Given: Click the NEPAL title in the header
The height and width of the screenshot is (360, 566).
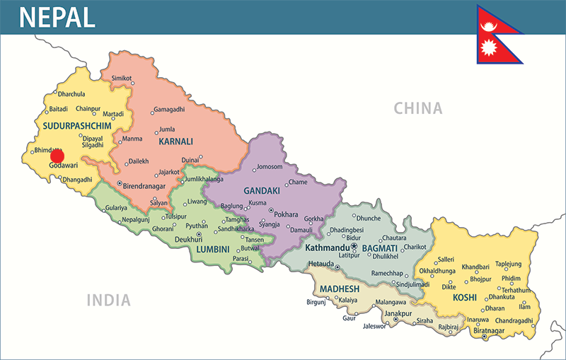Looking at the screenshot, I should click(57, 17).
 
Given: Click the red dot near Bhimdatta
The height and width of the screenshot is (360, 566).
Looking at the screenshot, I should click(57, 156).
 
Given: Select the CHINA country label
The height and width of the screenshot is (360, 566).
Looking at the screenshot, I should click(418, 108).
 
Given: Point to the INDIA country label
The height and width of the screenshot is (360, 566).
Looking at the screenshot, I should click(108, 300).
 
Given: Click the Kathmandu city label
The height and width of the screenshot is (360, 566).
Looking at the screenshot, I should click(328, 248).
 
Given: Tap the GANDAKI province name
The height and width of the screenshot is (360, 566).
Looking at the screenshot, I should click(262, 191).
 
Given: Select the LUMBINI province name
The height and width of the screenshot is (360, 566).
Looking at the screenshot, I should click(213, 250).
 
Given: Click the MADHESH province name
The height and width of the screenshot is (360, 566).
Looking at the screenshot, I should click(339, 289).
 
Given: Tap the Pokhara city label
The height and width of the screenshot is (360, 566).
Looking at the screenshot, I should click(287, 214).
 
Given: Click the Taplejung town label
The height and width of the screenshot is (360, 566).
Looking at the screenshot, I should click(508, 263).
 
